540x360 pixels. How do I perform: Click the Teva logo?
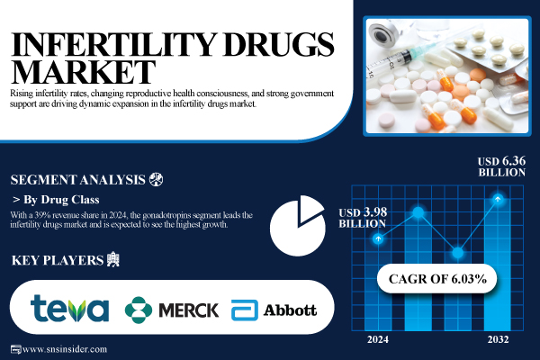pyautogui.click(x=69, y=309)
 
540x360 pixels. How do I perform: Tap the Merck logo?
pyautogui.click(x=172, y=310)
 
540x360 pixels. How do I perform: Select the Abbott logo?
pyautogui.click(x=274, y=310)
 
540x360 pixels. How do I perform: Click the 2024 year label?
pyautogui.click(x=379, y=339)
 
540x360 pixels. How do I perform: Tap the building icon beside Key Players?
pyautogui.click(x=112, y=261)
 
